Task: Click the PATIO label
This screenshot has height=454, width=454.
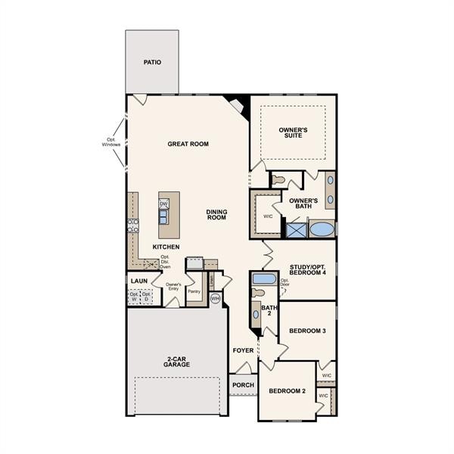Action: pos(152,63)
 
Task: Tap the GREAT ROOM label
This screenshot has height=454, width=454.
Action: pos(188,144)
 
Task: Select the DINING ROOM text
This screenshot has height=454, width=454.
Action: pos(217,215)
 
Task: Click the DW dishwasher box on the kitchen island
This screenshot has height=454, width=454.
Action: pos(163,204)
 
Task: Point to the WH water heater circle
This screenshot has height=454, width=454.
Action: pos(215,299)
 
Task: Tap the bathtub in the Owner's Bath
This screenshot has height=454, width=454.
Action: pos(322,229)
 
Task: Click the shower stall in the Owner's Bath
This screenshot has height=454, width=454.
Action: pos(294,229)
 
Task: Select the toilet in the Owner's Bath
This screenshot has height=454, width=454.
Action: pos(278,181)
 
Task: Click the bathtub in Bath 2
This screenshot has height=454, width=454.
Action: pos(264,279)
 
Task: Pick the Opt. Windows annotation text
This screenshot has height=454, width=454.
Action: pos(111,141)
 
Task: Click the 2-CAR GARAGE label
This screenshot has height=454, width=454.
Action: pos(176,361)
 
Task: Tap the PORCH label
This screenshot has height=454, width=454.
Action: pos(243,385)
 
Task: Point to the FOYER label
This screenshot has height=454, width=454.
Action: pos(243,350)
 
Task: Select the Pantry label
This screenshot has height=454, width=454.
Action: pos(194,291)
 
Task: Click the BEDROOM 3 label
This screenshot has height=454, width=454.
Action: pos(307,331)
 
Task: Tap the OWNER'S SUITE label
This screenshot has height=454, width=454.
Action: pos(293,133)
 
